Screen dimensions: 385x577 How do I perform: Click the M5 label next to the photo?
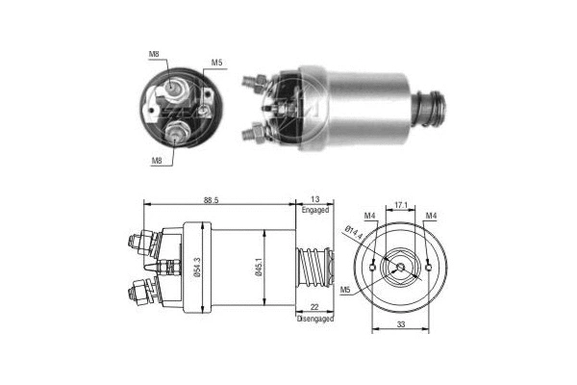[x=217, y=64]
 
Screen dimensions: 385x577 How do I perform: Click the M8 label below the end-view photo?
[x=156, y=161]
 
